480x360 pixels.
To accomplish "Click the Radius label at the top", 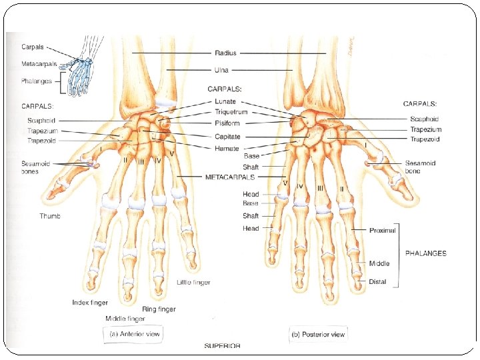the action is click(x=225, y=53).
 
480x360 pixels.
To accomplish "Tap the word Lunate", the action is click(x=227, y=103).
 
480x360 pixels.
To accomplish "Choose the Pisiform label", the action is click(x=227, y=123).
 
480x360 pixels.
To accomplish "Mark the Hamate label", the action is click(x=227, y=148).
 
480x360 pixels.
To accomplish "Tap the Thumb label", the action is click(x=49, y=216).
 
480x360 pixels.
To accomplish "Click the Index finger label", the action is click(x=89, y=303).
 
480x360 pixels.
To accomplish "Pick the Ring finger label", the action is click(x=159, y=309).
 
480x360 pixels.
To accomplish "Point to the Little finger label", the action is click(x=193, y=283).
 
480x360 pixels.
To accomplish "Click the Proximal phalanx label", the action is click(x=383, y=230).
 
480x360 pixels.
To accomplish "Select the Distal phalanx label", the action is click(x=377, y=282).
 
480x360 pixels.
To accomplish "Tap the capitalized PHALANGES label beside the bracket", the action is click(x=425, y=253).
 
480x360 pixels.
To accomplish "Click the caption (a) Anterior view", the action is click(x=135, y=334).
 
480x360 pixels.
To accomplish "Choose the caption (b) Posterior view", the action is click(x=317, y=334).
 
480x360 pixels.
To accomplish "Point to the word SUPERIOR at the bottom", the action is click(x=222, y=347).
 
